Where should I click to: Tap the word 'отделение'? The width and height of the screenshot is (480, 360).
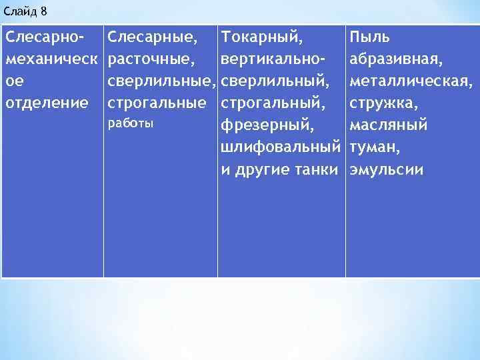[47, 103]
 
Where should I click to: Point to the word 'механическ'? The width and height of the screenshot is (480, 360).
[51, 60]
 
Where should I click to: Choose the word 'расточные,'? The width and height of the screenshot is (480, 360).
[151, 60]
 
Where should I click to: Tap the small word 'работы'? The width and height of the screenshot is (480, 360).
[130, 123]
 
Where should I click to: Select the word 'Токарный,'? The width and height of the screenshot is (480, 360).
[261, 38]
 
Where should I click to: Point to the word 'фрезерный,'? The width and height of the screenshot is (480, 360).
[262, 125]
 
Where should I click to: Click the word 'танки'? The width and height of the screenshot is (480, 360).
[316, 169]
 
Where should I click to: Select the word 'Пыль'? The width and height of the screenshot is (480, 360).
[370, 38]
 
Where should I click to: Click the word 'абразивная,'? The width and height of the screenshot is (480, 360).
[395, 60]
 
